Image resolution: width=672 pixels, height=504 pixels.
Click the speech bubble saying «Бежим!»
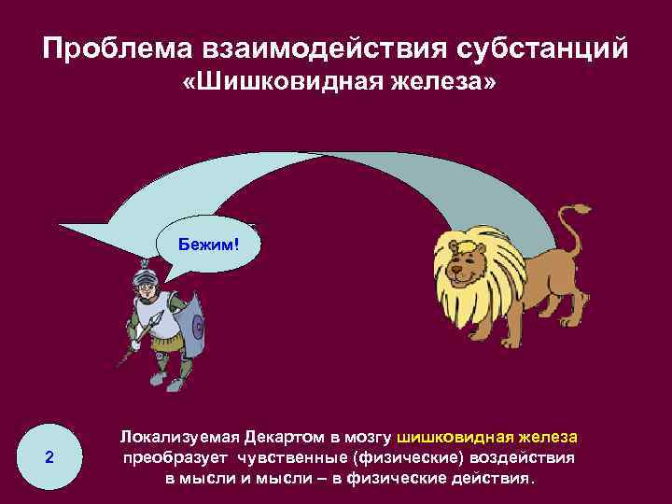click(211, 245)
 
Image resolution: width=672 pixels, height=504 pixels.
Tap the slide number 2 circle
click(49, 457)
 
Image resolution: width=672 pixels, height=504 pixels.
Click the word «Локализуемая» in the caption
click(178, 438)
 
